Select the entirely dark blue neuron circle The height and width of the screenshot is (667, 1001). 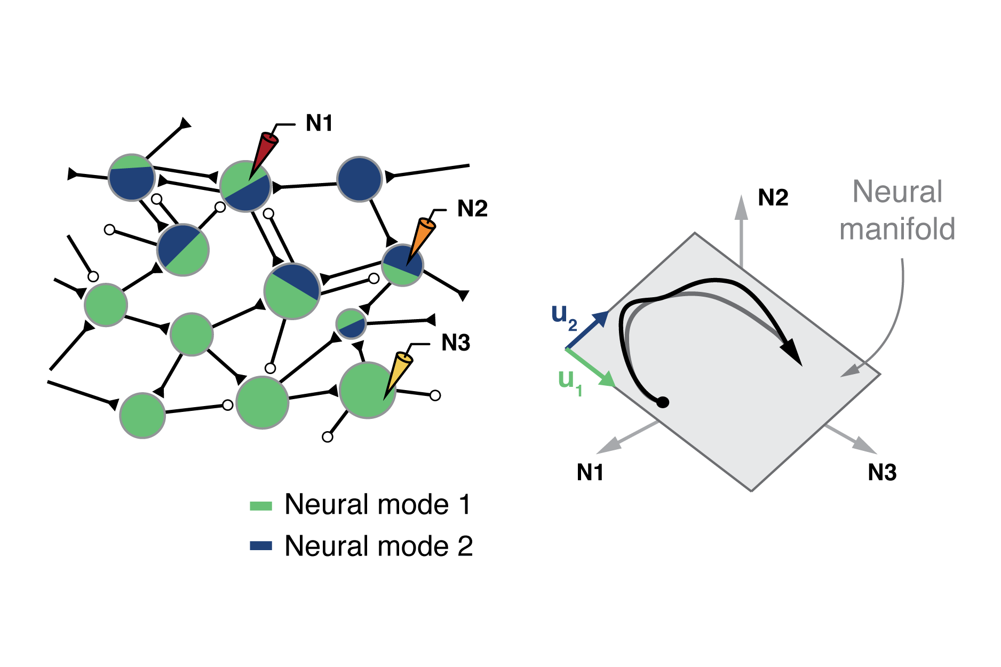pos(360,179)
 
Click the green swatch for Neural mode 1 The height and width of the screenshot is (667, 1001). pos(261,505)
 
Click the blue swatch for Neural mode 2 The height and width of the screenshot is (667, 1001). pos(261,546)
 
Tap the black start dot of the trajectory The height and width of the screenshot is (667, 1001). pos(662,402)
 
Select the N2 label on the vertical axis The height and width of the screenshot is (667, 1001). pos(773,198)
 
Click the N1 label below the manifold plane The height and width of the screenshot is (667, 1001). pos(590,472)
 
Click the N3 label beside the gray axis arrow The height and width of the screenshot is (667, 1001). pos(882,472)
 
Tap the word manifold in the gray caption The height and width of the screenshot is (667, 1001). pos(897,229)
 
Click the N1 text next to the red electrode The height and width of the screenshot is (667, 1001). pos(319,123)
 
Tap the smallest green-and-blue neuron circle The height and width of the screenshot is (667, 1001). pos(351,323)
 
